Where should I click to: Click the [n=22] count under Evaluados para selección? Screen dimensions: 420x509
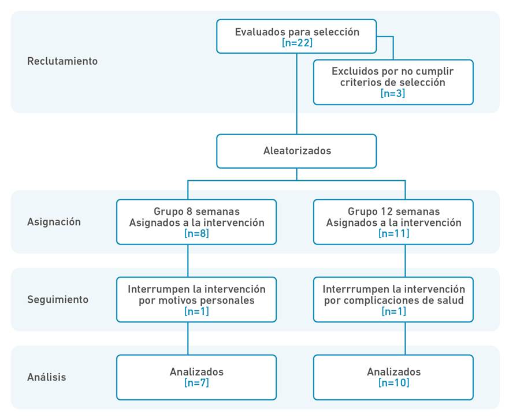tap(296, 43)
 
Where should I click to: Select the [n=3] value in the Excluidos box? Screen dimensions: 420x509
tap(393, 94)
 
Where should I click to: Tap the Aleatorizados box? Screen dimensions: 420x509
tap(296, 151)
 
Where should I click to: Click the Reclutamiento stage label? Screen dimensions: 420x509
tap(62, 61)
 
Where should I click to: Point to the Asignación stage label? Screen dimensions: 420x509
tap(54, 222)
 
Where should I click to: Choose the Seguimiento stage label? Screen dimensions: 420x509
tap(58, 299)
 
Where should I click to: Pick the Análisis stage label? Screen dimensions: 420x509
tap(47, 377)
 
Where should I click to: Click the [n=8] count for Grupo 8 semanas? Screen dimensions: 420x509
tap(196, 234)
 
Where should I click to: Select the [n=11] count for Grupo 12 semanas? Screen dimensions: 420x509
tap(393, 234)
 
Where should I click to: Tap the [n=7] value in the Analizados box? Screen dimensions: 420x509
tap(196, 382)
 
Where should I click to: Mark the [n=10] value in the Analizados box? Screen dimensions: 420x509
tap(393, 382)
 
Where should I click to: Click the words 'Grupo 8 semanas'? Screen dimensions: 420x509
tap(196, 211)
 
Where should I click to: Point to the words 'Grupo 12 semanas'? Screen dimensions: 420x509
tap(393, 211)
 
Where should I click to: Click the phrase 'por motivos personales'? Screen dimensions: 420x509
tap(196, 300)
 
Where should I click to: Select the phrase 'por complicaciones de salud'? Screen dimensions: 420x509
tap(393, 300)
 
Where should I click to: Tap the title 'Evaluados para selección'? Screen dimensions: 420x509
tap(296, 32)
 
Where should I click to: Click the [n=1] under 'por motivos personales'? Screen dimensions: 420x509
tap(196, 311)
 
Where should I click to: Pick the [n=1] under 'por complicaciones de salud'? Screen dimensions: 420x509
tap(393, 311)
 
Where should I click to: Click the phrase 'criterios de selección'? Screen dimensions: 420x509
tap(393, 83)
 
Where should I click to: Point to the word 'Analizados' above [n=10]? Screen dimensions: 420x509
tap(393, 371)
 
